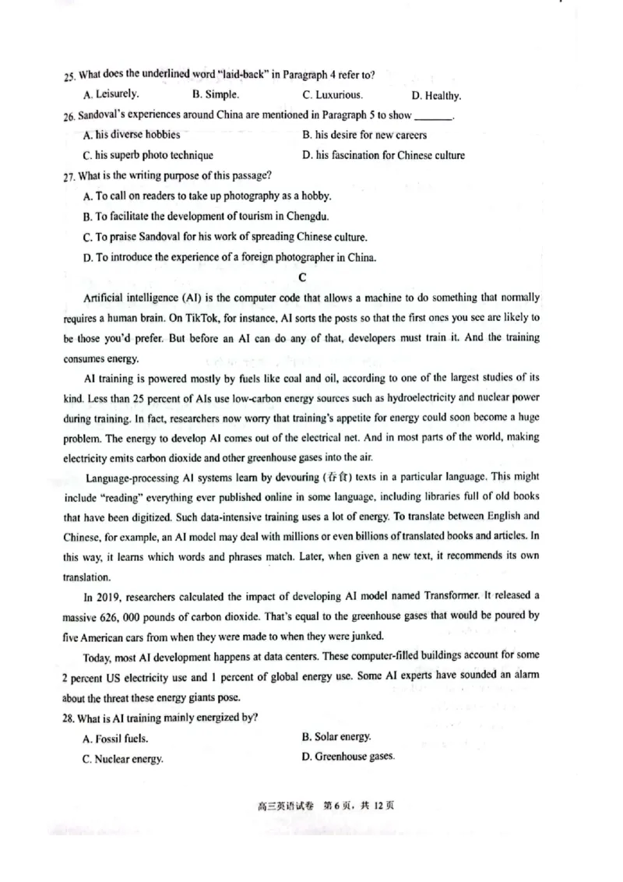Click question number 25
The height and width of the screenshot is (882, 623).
[x=70, y=76]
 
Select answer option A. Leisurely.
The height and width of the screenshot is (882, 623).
[x=111, y=94]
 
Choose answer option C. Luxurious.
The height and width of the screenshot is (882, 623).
[x=333, y=96]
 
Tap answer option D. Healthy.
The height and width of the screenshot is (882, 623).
[x=436, y=97]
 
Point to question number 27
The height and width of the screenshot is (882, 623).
[x=69, y=176]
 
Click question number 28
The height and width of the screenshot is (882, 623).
[x=70, y=718]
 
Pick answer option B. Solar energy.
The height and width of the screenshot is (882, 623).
[x=336, y=736]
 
